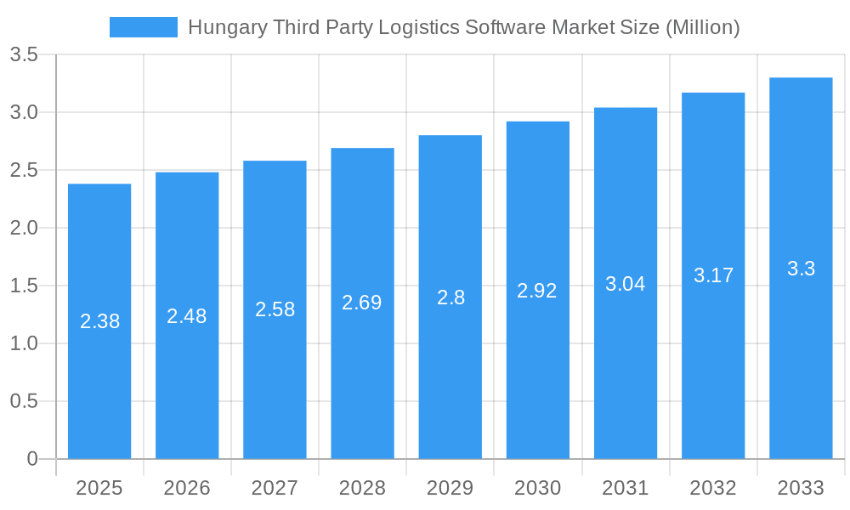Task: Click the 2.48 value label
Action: (187, 316)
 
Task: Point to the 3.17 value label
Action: (713, 275)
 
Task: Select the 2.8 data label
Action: (450, 297)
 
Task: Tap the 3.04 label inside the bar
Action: (626, 284)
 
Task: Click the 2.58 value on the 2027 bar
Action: (275, 309)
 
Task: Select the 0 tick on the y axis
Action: (32, 459)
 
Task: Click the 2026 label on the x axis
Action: (187, 488)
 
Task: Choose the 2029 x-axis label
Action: (450, 488)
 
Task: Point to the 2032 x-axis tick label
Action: (713, 488)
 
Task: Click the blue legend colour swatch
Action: (144, 27)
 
